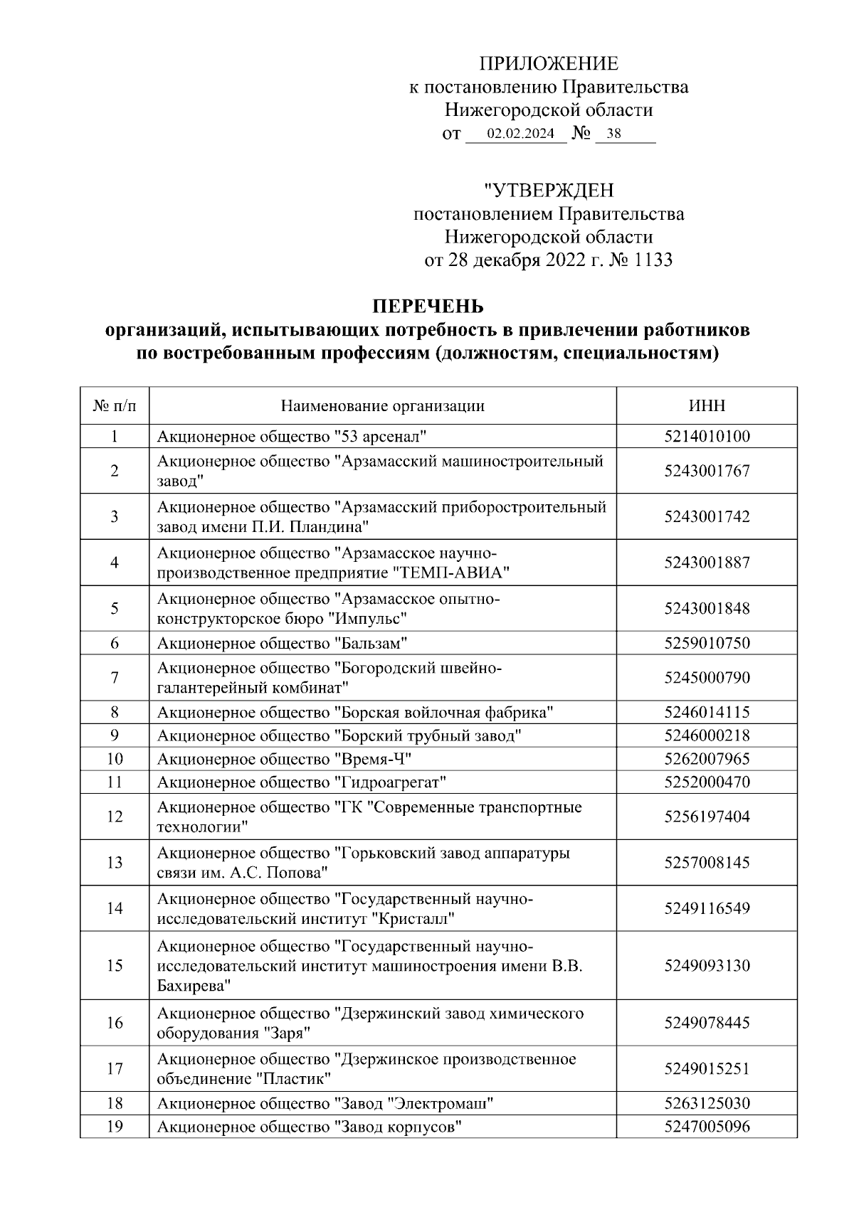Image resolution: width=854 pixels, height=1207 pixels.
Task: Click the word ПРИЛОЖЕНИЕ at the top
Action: point(548,64)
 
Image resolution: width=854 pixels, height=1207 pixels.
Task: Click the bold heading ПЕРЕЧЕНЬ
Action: point(428,307)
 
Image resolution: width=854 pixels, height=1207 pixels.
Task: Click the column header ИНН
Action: point(707,406)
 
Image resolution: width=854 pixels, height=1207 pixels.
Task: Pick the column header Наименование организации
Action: point(383,406)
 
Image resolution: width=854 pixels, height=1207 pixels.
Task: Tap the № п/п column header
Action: point(115,406)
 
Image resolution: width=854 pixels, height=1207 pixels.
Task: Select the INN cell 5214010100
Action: point(707,436)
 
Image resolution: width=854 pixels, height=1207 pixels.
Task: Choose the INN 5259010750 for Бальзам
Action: point(707,643)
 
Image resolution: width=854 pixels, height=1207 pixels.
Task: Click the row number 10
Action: point(115,759)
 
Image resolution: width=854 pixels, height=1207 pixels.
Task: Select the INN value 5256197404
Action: point(707,817)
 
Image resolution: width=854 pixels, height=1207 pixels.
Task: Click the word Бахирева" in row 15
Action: point(194,986)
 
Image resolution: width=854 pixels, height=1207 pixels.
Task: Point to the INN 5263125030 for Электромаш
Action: point(707,1103)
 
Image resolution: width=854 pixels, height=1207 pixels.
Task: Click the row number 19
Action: point(115,1127)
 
